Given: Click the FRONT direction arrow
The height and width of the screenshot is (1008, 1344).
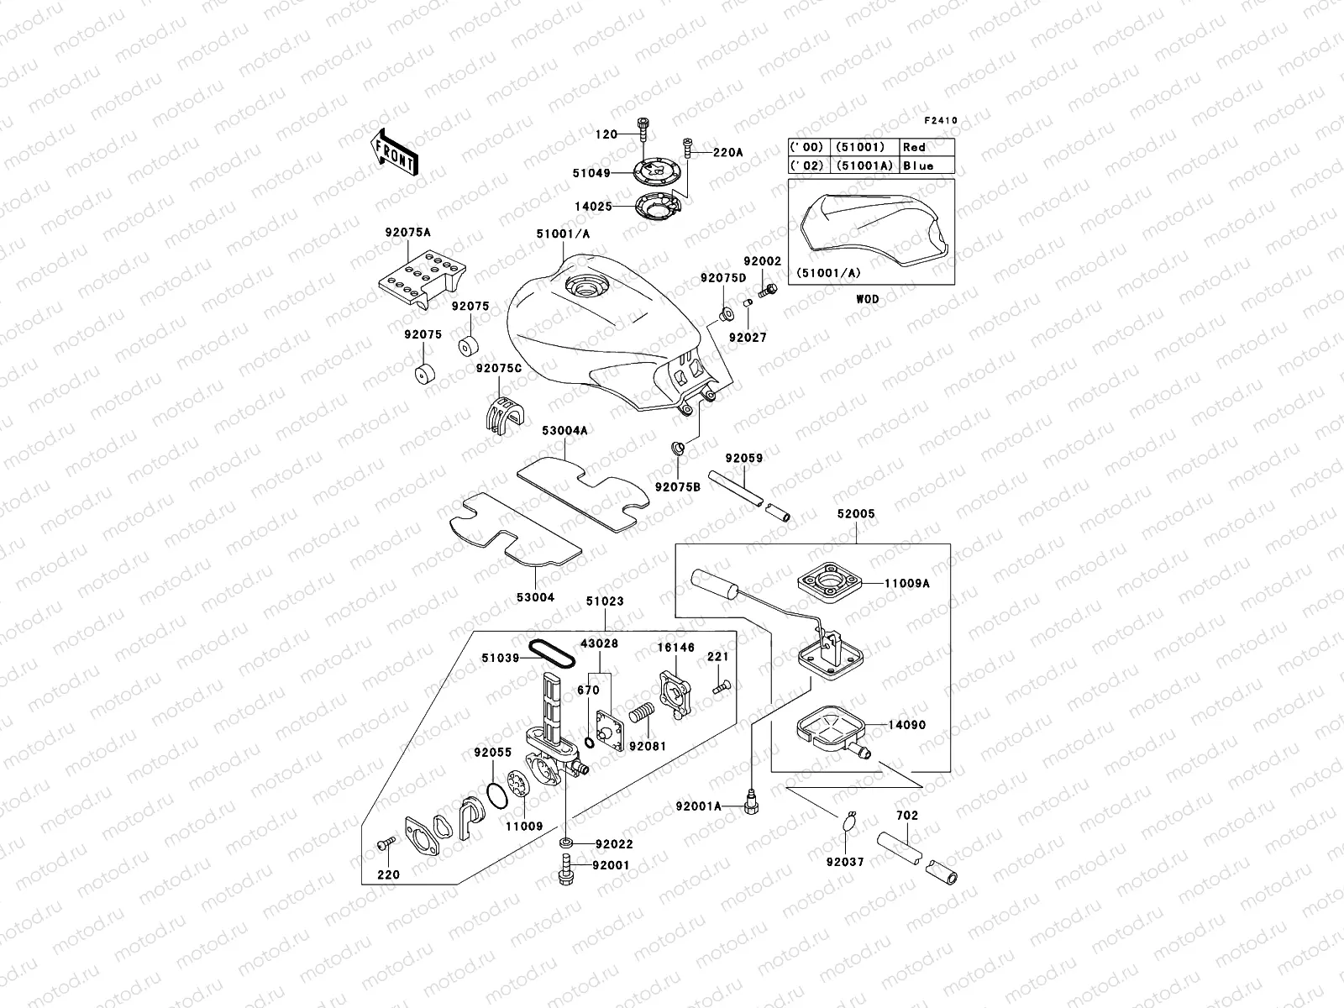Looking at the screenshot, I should coord(396,152).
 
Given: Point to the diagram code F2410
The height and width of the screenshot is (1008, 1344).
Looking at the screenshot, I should coord(941,121).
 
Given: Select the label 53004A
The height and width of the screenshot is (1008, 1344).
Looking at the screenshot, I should coord(564,431).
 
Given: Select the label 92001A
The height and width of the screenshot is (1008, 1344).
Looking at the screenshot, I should coord(699,806).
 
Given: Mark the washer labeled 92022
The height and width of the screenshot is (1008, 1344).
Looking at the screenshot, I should coord(565,843).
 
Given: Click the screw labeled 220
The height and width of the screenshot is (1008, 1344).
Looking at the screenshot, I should coord(386,842).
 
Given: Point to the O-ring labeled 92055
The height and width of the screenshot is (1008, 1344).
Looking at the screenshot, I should coord(496,794).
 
